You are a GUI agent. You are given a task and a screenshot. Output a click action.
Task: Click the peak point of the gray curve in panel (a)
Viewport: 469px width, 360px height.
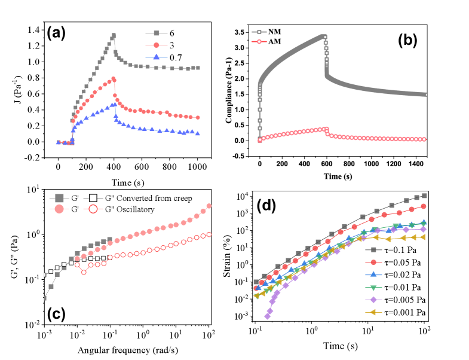pyautogui.click(x=113, y=35)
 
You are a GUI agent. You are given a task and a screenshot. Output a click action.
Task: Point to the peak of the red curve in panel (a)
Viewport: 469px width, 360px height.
pyautogui.click(x=113, y=78)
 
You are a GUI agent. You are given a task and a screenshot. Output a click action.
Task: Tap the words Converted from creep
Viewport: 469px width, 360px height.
pyautogui.click(x=155, y=198)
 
